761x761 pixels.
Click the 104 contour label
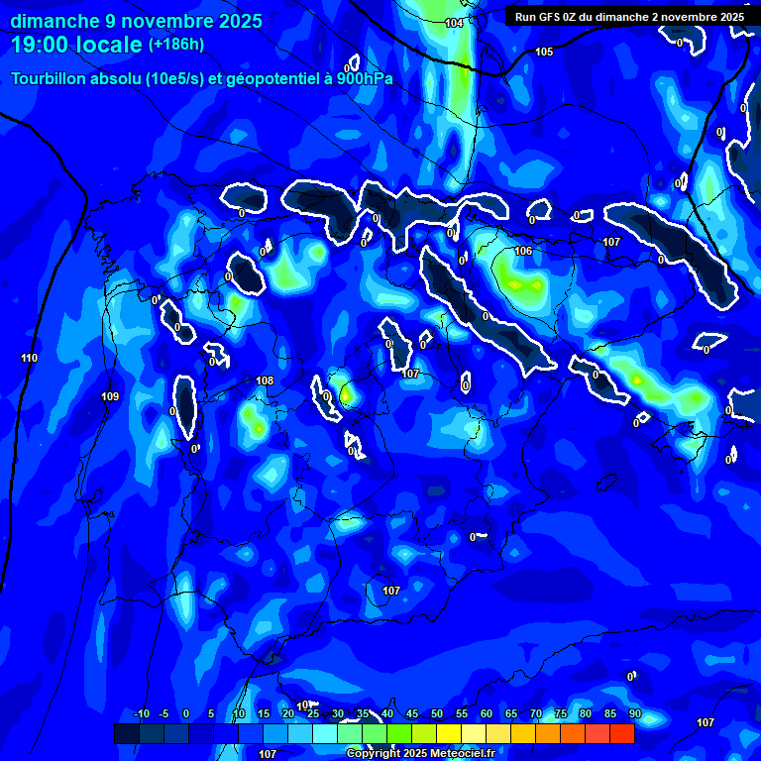[454, 23]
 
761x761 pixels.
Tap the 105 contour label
[544, 52]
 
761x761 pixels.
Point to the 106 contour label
[523, 251]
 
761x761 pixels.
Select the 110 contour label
[29, 358]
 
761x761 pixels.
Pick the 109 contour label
[110, 396]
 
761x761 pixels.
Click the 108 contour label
[265, 380]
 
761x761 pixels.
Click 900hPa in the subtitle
[363, 78]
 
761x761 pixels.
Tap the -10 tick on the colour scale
[141, 713]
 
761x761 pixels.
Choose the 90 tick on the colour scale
[634, 713]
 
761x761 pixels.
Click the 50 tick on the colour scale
[437, 713]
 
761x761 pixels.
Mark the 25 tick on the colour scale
[313, 713]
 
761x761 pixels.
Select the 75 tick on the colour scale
[561, 713]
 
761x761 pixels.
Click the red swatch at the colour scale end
[622, 733]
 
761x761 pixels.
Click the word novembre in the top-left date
[156, 20]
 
